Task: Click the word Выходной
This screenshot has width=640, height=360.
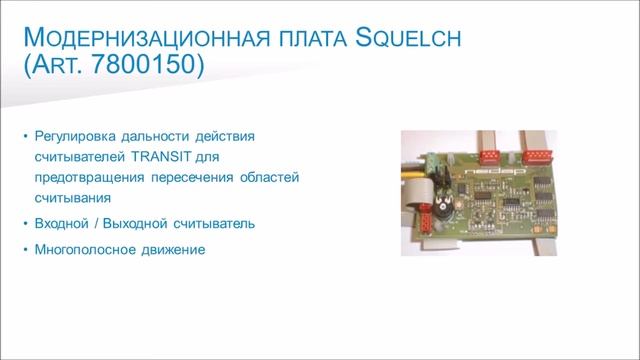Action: click(x=136, y=223)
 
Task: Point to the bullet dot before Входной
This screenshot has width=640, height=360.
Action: click(x=25, y=223)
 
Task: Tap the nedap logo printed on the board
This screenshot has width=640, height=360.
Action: click(x=496, y=171)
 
